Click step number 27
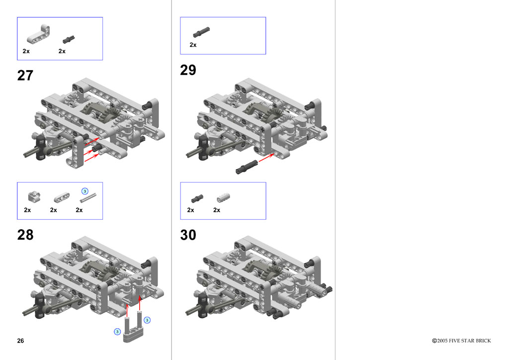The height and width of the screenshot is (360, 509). [25, 75]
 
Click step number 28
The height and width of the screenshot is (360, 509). [25, 235]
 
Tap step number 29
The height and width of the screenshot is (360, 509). [188, 70]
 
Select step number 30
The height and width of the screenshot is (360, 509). [188, 235]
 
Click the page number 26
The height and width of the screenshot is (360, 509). [20, 341]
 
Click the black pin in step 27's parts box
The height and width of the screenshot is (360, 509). [69, 40]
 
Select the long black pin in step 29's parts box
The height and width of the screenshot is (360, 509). [201, 32]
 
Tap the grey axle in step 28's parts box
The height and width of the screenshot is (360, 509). [88, 198]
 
